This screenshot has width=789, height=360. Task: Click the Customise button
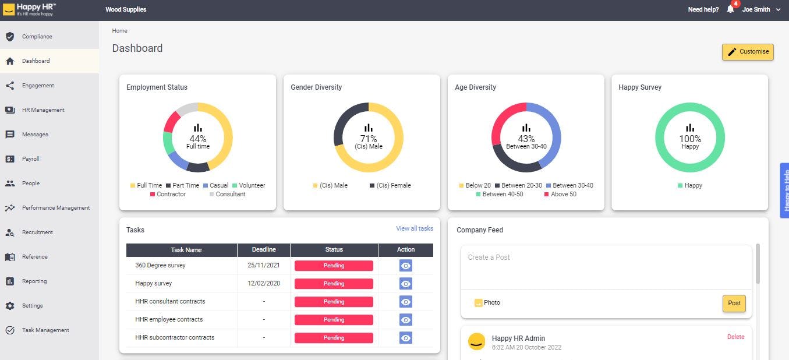click(748, 52)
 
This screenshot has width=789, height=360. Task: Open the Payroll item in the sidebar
click(30, 159)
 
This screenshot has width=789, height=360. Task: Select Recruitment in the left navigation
click(37, 232)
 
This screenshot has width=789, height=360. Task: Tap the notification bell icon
click(730, 9)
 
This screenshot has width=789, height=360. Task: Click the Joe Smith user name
click(756, 9)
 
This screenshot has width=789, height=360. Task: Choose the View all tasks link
click(415, 228)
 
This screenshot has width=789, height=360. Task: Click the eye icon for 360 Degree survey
click(406, 266)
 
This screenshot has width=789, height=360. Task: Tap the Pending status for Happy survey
click(334, 284)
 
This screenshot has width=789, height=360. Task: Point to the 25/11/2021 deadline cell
click(264, 266)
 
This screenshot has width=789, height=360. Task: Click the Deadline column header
click(264, 249)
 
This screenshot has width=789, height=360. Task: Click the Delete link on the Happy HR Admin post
click(735, 337)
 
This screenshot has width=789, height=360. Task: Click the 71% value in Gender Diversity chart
click(369, 139)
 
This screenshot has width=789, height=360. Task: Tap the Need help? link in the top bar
click(703, 9)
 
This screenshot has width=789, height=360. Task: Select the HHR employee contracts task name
click(169, 319)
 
